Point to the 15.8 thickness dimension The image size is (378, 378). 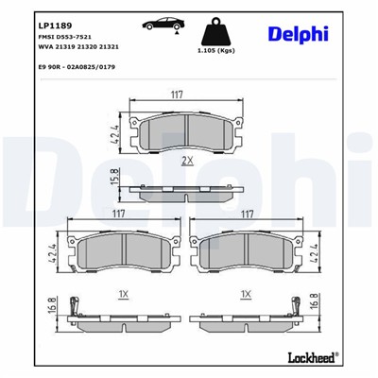(x=114, y=177)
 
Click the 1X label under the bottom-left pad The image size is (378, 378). (x=124, y=295)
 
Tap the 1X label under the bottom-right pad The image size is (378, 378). (x=246, y=295)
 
